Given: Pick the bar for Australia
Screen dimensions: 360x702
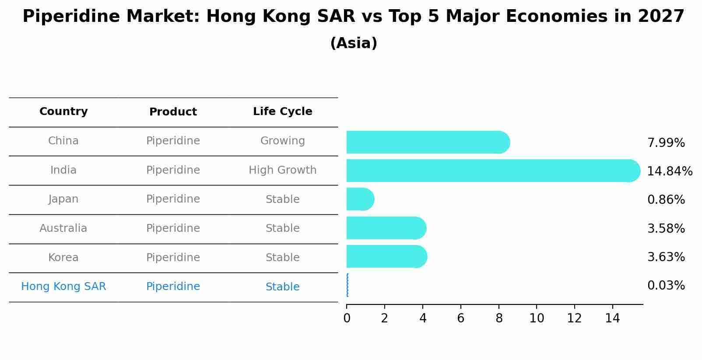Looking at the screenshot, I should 386,228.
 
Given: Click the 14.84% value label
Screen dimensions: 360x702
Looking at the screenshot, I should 670,171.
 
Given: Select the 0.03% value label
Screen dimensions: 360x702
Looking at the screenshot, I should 666,286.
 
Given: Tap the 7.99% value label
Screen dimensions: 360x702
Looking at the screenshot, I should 666,143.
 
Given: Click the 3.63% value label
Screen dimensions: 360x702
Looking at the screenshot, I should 666,257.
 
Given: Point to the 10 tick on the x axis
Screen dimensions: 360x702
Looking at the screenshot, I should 537,318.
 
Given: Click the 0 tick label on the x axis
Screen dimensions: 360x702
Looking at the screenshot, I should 347,318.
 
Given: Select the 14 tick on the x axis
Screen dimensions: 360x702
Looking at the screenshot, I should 612,318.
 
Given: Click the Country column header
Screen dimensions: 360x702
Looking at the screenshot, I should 63,112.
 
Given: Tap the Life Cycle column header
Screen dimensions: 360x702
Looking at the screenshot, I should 282,112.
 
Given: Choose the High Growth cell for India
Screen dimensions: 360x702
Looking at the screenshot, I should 282,170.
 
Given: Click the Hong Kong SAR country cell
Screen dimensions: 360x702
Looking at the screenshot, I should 63,287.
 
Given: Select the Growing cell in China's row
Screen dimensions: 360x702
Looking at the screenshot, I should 282,141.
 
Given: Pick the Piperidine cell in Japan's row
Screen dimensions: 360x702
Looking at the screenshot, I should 173,199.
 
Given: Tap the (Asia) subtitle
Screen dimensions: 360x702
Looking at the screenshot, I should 354,43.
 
